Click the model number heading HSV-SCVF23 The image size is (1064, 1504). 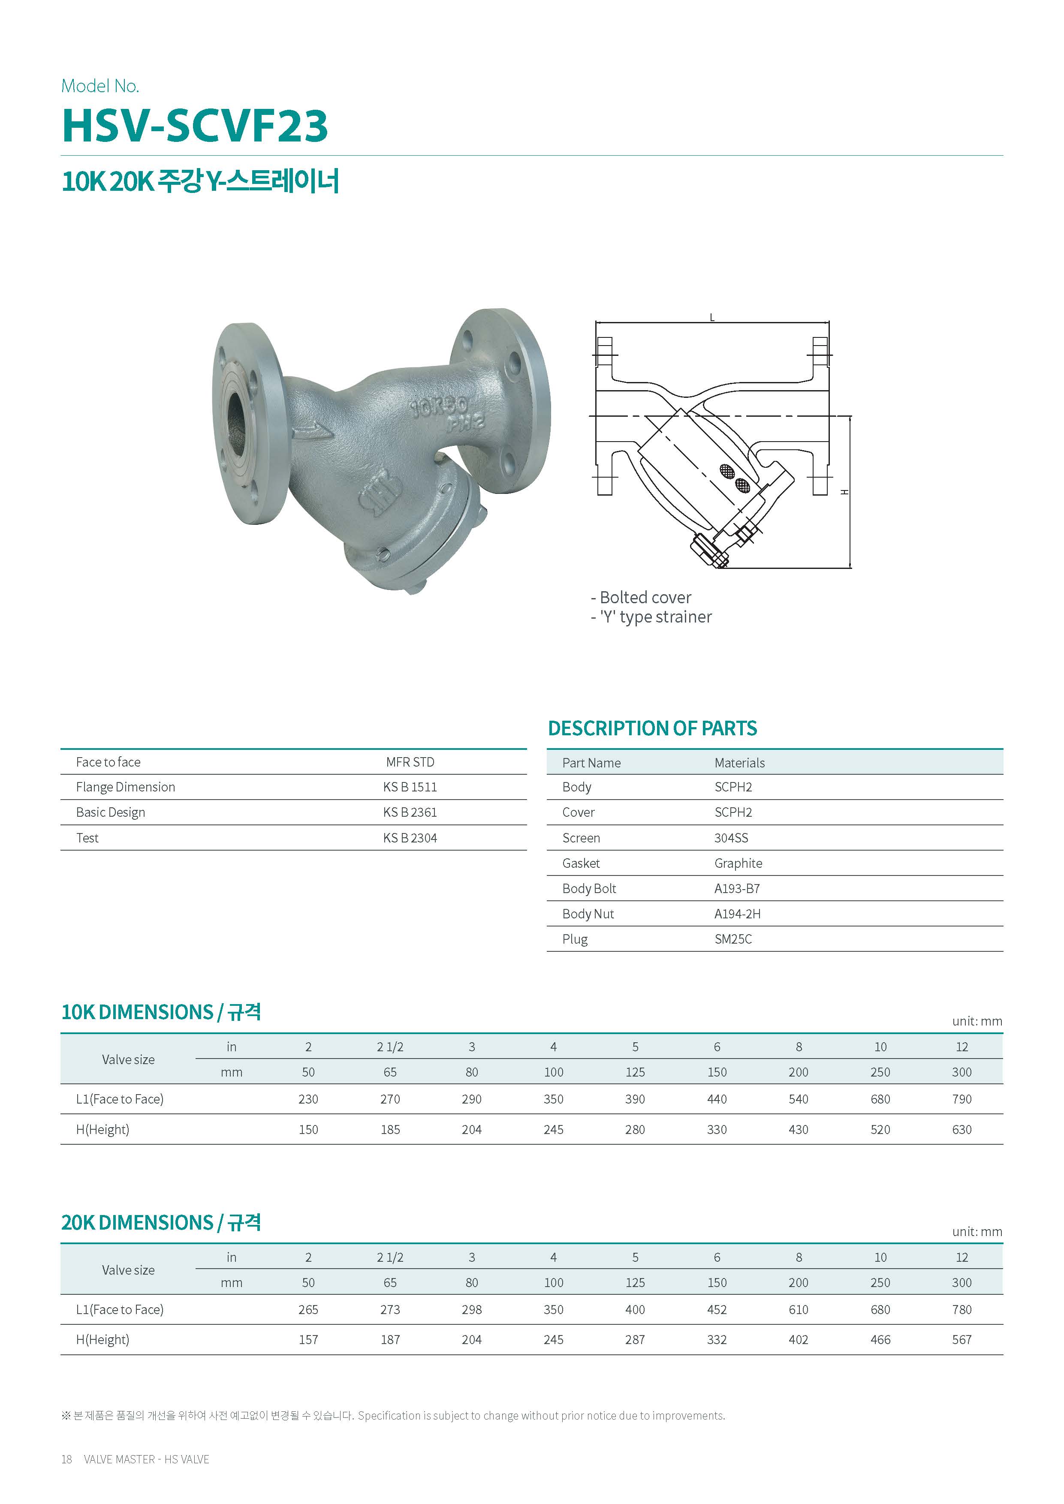195,125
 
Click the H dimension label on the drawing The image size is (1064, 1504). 845,492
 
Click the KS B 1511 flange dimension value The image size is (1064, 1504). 410,787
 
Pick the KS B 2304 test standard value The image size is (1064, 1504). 410,838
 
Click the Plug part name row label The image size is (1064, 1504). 575,939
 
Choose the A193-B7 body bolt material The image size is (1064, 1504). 736,888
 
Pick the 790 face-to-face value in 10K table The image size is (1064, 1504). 961,1099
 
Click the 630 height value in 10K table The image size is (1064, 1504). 961,1129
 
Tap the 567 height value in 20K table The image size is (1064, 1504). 961,1340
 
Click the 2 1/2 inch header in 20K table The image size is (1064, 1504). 390,1257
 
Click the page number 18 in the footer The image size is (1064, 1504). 66,1459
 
